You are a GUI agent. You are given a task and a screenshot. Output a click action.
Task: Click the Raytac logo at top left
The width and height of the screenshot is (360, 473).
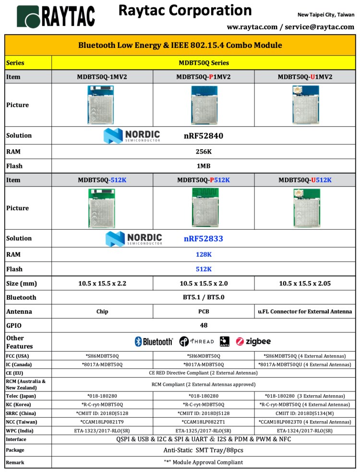(x=56, y=17)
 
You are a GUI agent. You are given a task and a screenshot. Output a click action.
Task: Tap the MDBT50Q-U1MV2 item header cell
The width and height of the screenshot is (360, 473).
(x=305, y=77)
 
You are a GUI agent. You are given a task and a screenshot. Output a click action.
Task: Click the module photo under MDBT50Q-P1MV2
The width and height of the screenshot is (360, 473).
(x=204, y=105)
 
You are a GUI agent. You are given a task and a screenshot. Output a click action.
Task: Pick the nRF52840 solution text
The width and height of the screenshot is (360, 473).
(x=204, y=136)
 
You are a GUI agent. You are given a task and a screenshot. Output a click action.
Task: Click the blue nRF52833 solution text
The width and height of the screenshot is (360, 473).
(x=204, y=238)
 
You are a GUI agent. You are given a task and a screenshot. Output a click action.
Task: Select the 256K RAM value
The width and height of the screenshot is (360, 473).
(x=204, y=151)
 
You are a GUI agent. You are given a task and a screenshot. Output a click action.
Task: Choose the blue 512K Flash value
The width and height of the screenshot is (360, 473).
(x=204, y=269)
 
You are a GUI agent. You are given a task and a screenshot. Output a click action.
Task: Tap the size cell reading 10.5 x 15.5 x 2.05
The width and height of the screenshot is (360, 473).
(x=305, y=284)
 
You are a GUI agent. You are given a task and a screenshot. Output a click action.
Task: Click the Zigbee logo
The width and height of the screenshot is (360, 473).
(x=253, y=342)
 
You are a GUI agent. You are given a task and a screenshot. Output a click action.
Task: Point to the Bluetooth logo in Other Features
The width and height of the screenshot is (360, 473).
(x=154, y=342)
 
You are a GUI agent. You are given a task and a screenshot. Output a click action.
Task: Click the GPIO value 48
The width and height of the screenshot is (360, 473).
(x=204, y=325)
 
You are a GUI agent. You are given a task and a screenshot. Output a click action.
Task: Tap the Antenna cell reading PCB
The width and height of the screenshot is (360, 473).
(x=204, y=311)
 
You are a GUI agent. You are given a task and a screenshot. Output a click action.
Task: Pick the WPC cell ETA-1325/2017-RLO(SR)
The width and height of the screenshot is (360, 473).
(x=204, y=430)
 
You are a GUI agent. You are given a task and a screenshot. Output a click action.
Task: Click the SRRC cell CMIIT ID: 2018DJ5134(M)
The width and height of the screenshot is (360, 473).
(x=305, y=413)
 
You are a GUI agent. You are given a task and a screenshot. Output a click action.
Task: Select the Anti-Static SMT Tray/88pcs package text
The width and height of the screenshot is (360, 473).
(x=204, y=450)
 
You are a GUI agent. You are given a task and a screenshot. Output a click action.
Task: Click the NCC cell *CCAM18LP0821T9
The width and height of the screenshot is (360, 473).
(x=102, y=422)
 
